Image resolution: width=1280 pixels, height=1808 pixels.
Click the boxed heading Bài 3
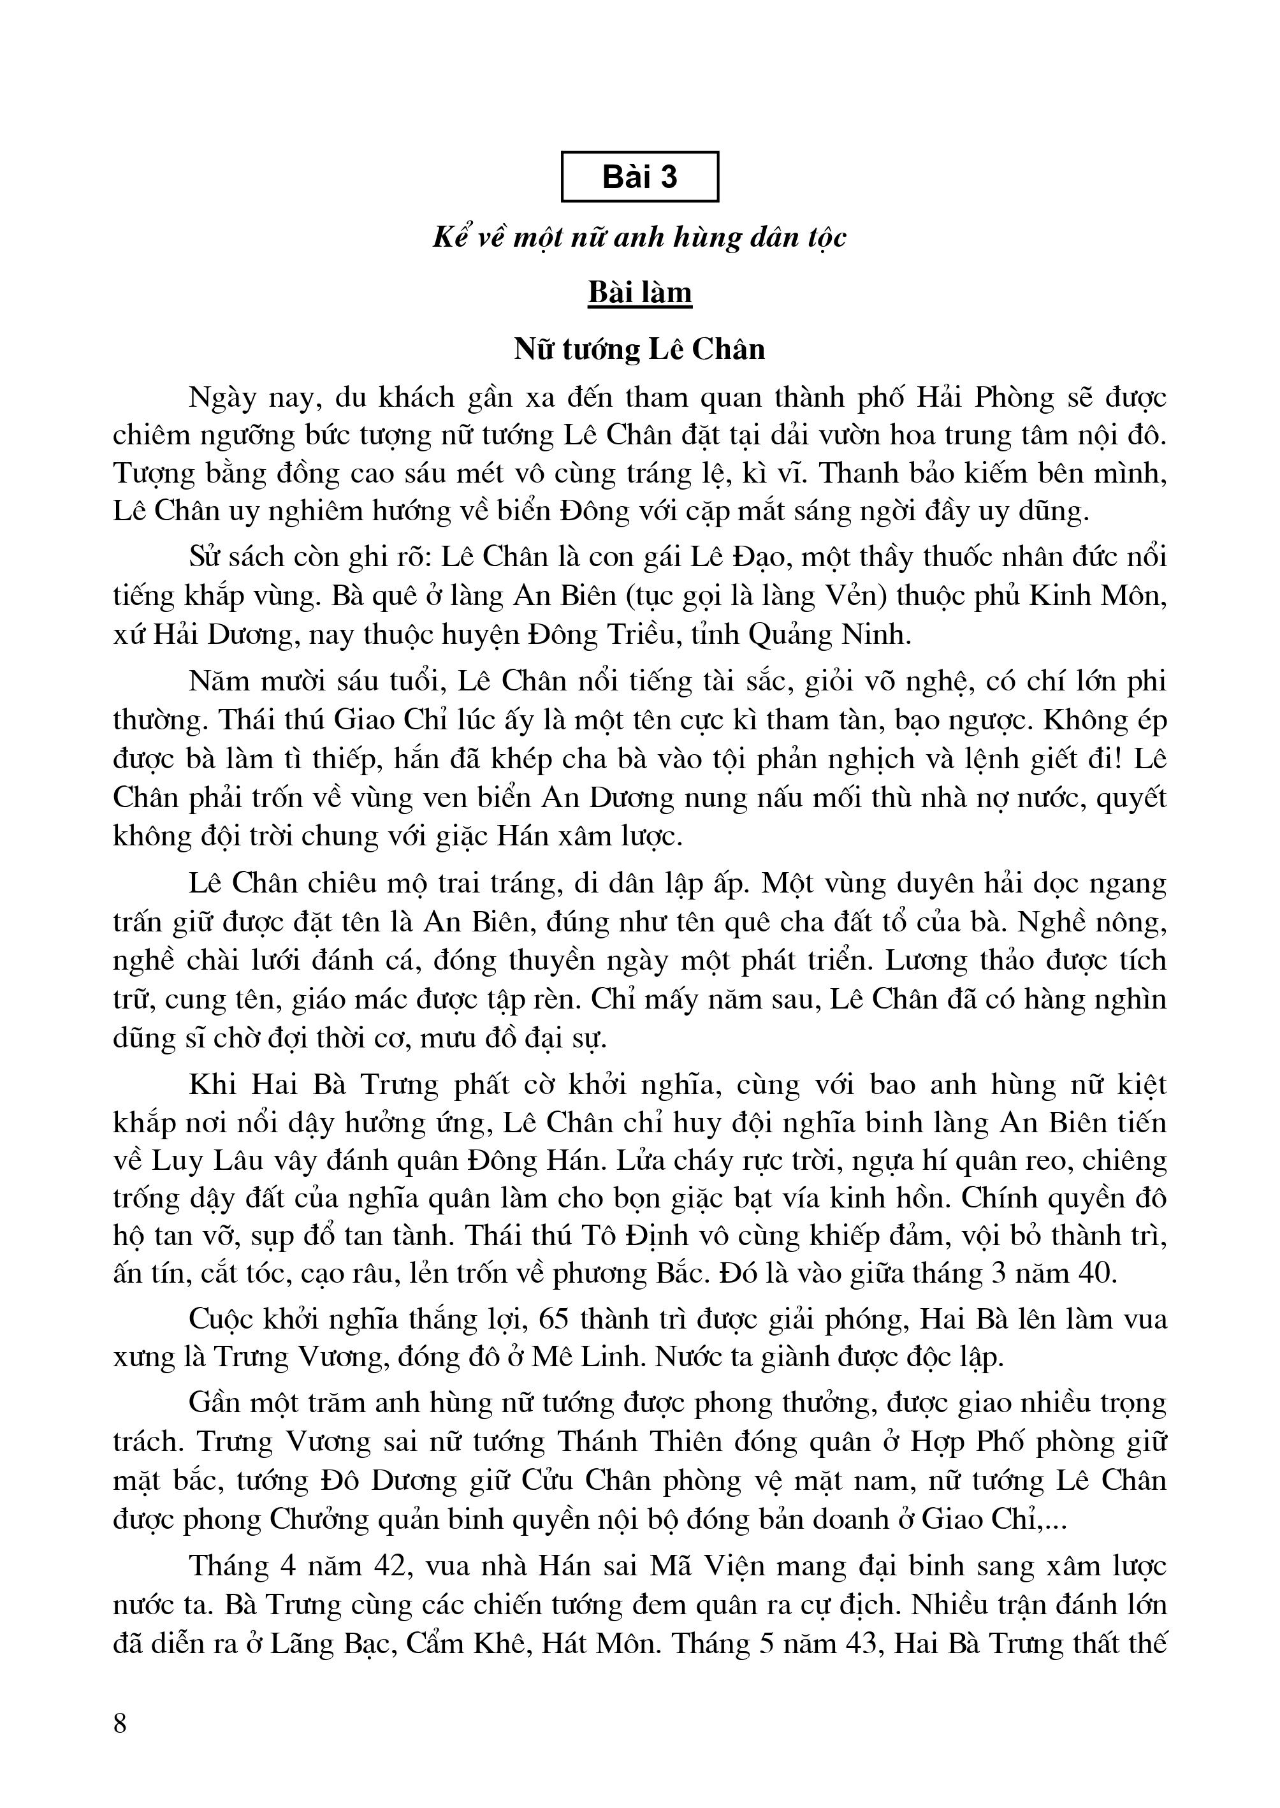pos(639,177)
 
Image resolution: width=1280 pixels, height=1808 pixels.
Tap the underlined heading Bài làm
pos(639,293)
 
